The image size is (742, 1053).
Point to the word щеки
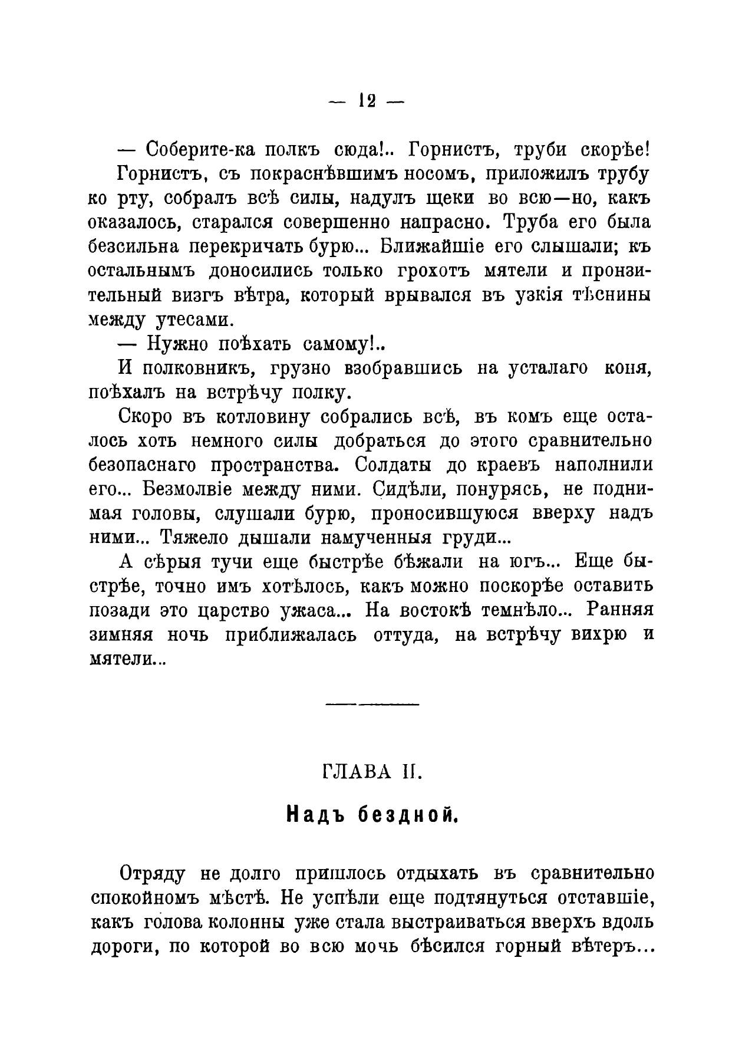(x=448, y=198)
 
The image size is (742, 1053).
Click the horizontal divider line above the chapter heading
(x=371, y=704)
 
